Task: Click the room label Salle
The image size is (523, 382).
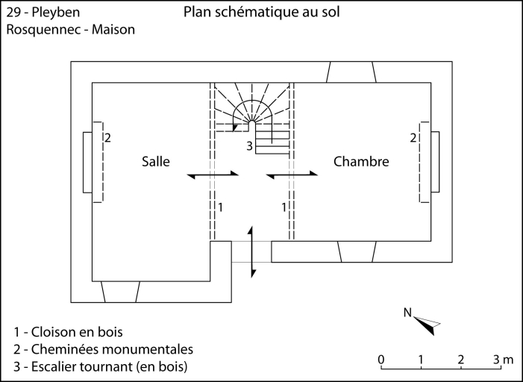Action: pyautogui.click(x=156, y=161)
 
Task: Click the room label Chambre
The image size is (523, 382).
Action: pyautogui.click(x=361, y=161)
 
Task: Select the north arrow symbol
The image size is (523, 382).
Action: pyautogui.click(x=427, y=322)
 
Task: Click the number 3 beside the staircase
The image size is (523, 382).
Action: pyautogui.click(x=250, y=145)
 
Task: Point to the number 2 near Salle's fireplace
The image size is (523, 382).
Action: pyautogui.click(x=108, y=138)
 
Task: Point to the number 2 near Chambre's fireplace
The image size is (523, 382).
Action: pyautogui.click(x=413, y=138)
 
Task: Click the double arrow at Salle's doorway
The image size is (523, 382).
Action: pyautogui.click(x=213, y=175)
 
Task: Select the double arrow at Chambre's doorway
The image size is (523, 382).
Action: pyautogui.click(x=292, y=175)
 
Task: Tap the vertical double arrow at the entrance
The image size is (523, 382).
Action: pyautogui.click(x=252, y=251)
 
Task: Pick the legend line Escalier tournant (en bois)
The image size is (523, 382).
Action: pyautogui.click(x=101, y=366)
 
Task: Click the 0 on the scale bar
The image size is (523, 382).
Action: pyautogui.click(x=381, y=360)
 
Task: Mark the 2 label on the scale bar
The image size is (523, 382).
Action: pyautogui.click(x=461, y=360)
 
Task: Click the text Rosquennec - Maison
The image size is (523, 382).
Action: pyautogui.click(x=71, y=31)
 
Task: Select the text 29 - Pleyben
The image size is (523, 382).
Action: pyautogui.click(x=43, y=13)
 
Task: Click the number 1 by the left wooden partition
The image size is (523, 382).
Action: pyautogui.click(x=221, y=204)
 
